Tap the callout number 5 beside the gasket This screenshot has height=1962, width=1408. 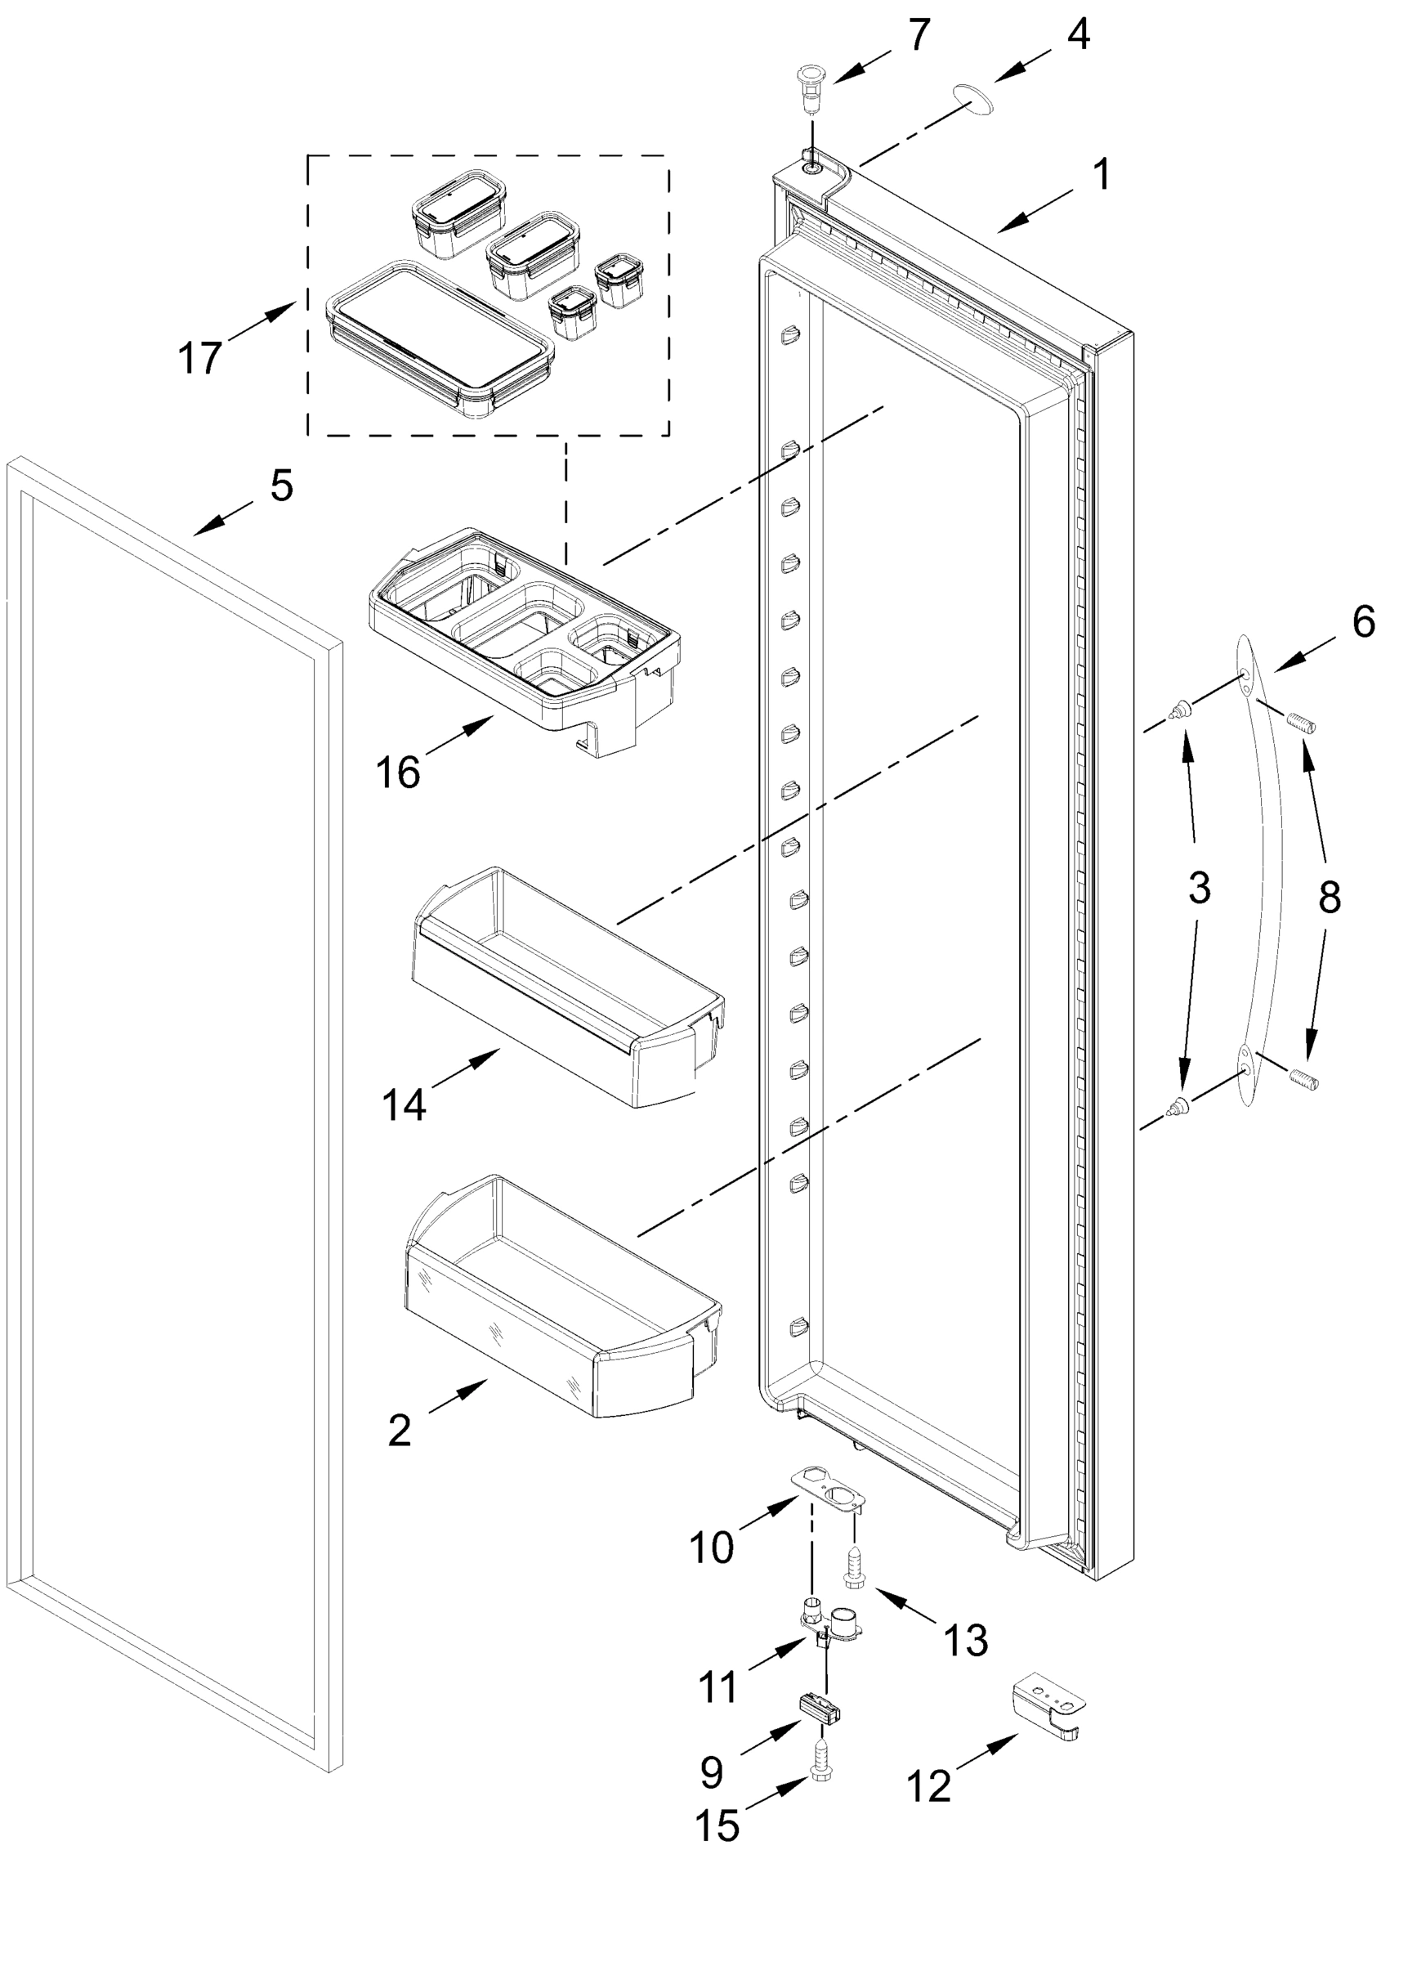(281, 486)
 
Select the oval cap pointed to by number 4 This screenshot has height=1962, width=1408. (972, 99)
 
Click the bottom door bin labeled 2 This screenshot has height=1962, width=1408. (562, 1297)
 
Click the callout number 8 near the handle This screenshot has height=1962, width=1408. (1330, 898)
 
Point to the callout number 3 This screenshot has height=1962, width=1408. (1199, 888)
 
